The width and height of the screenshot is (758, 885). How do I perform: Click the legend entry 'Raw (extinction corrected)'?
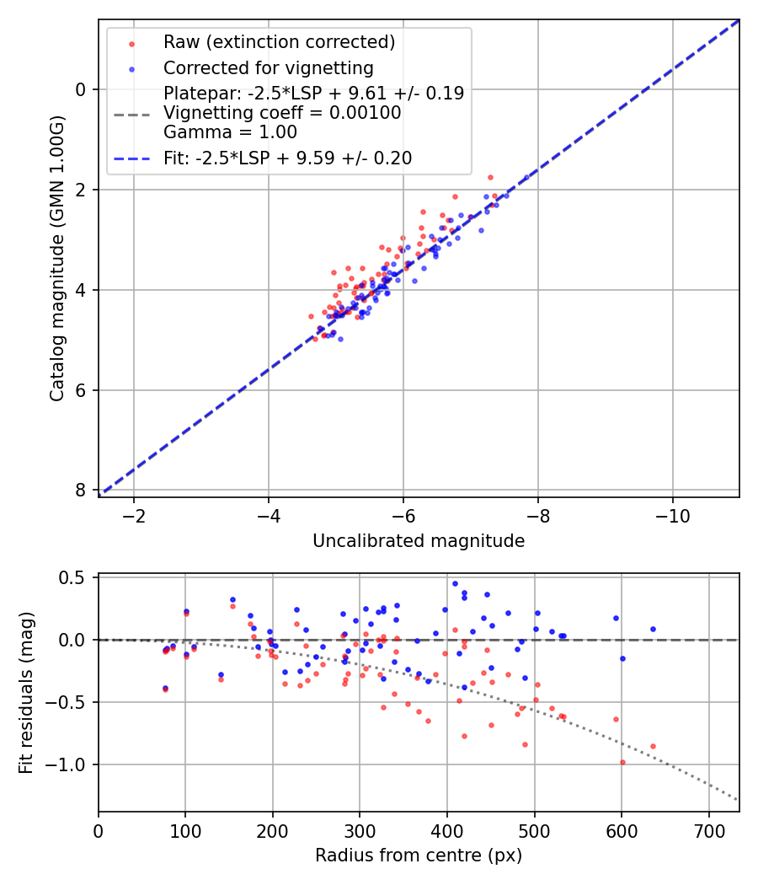pos(279,42)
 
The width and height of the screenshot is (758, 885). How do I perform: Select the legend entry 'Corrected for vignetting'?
pos(268,67)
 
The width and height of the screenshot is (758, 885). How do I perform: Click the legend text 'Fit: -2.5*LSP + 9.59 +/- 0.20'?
pos(287,158)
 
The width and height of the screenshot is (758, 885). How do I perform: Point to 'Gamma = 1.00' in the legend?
pos(230,131)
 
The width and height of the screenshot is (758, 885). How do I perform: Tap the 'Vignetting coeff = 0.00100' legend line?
pos(282,112)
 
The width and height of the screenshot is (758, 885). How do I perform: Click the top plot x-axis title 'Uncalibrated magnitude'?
pos(419,541)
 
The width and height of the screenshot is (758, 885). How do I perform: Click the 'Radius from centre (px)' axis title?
pos(419,855)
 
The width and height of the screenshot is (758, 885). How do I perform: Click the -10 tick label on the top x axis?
pos(672,516)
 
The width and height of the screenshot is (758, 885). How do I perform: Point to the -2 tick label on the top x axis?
pos(133,516)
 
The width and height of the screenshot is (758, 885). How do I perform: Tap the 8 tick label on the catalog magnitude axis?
pos(81,491)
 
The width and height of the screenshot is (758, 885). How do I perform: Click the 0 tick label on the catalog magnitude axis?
pos(81,89)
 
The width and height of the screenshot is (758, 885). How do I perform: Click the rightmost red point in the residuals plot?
pos(653,746)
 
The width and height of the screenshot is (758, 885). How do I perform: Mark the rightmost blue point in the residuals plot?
pos(653,629)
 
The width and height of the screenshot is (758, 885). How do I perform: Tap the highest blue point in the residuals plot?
pos(455,583)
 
